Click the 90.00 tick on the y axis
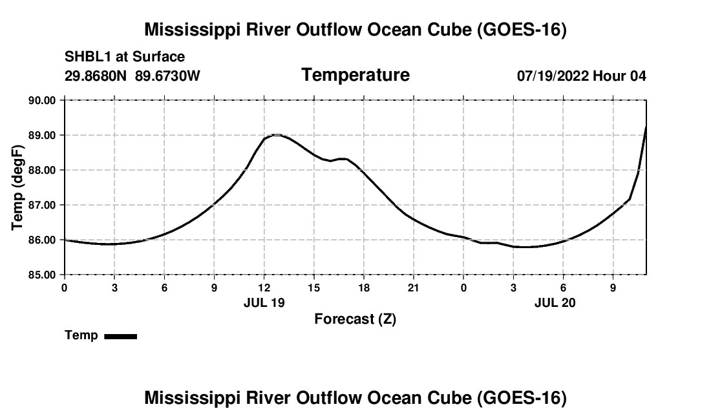coord(42,100)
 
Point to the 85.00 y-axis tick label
coord(42,275)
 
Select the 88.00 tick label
coord(42,171)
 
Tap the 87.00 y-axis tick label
coord(42,205)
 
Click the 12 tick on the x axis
coord(264,288)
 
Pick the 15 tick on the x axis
coord(313,288)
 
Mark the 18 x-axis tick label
coord(364,288)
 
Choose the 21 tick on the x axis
coord(414,288)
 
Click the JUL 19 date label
coord(264,302)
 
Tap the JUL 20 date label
coord(555,302)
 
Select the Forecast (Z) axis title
coord(355,319)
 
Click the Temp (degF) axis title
coord(17,187)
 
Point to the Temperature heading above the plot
coord(355,75)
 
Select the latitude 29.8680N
coord(96,76)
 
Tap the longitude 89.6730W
coord(168,76)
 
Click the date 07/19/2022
coord(553,76)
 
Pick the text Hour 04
coord(619,76)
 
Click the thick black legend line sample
coord(121,336)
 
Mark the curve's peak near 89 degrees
coord(276,134)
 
